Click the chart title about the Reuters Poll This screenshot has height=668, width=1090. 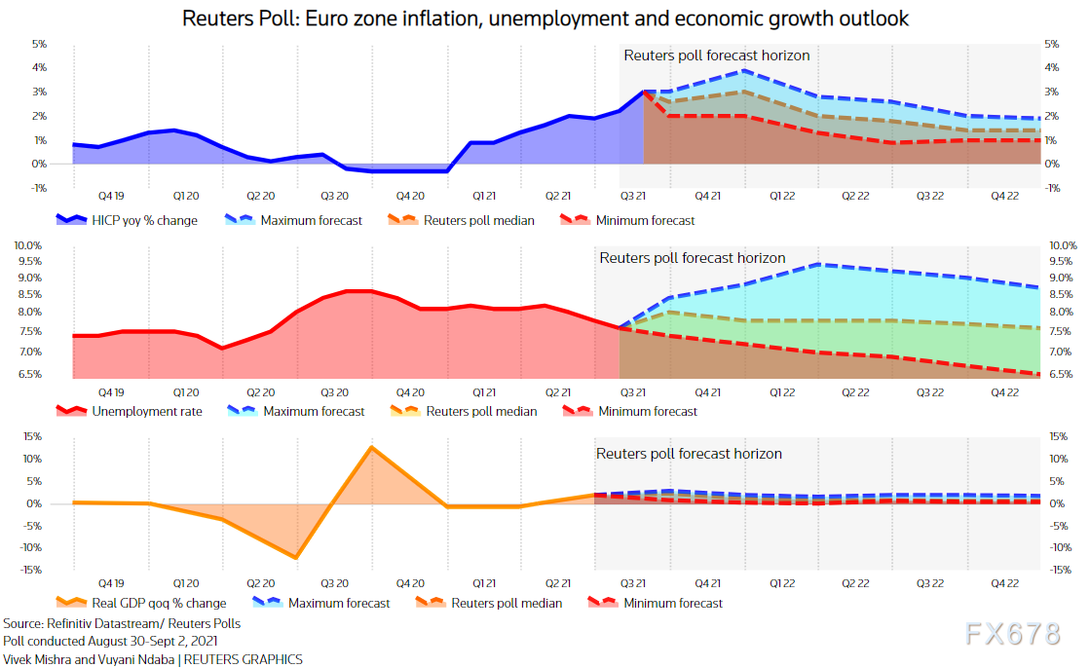coord(545,19)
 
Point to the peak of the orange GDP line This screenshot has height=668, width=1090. coord(371,447)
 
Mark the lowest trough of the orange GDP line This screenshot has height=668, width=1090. coord(295,558)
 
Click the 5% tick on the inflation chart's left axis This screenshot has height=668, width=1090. coord(40,44)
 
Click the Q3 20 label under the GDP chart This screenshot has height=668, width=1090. coord(334,582)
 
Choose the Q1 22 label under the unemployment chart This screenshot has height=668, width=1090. coord(782,391)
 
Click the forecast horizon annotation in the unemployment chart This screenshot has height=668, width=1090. coord(692,258)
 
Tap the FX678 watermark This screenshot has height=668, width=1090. coord(1013,634)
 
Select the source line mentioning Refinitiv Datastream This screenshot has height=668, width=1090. coord(122,623)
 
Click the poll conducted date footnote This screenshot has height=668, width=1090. coord(110,641)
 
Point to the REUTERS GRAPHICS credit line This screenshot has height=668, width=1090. coord(152,659)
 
